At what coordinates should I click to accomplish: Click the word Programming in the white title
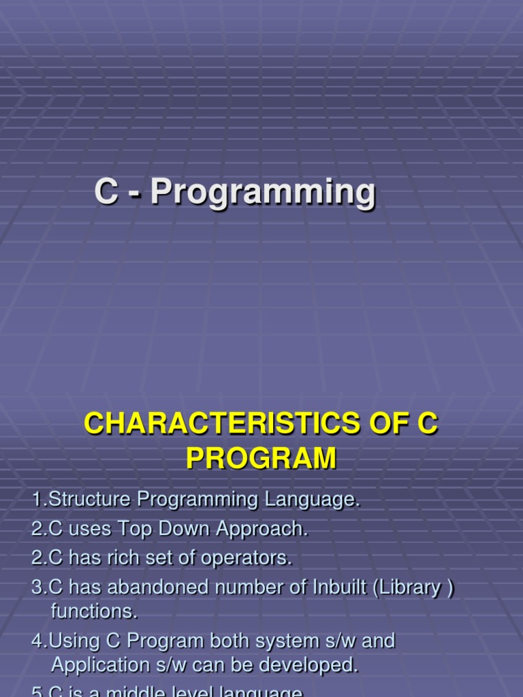(x=263, y=193)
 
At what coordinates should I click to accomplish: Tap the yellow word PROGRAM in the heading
(x=261, y=458)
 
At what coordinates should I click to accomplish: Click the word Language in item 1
(x=317, y=500)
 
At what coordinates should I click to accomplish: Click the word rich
(x=131, y=558)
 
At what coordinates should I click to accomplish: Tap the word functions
(x=94, y=611)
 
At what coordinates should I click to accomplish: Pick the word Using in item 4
(x=74, y=641)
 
